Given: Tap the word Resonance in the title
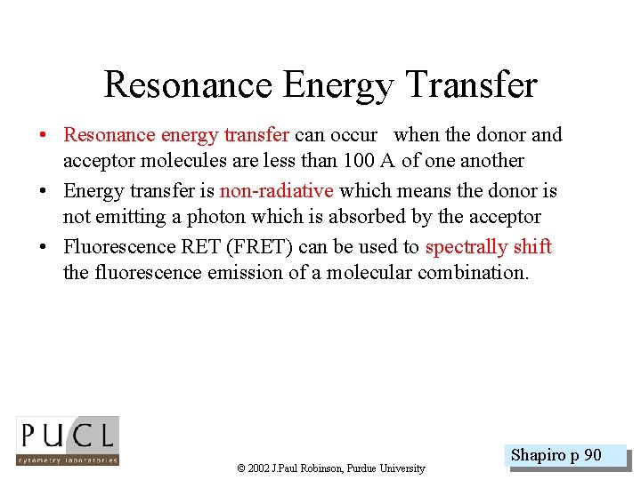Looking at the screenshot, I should tap(189, 85).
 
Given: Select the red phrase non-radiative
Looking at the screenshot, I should tap(276, 190).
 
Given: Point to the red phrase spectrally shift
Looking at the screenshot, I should tap(488, 246).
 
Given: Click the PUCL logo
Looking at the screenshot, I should tap(68, 441).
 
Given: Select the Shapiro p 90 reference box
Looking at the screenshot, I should tap(556, 456).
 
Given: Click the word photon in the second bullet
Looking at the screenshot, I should tap(214, 217).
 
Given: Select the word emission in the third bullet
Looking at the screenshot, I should tap(245, 272).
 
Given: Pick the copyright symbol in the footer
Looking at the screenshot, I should tap(241, 468).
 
